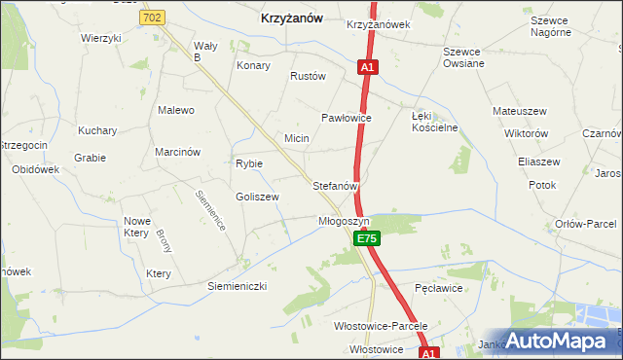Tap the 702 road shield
point(151,17)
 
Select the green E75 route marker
point(366,237)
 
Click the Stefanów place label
point(336,184)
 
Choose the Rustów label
point(307,76)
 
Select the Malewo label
point(176,110)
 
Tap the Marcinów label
point(177,152)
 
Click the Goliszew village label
point(257,197)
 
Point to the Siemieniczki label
point(237,286)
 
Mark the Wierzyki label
point(101,38)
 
